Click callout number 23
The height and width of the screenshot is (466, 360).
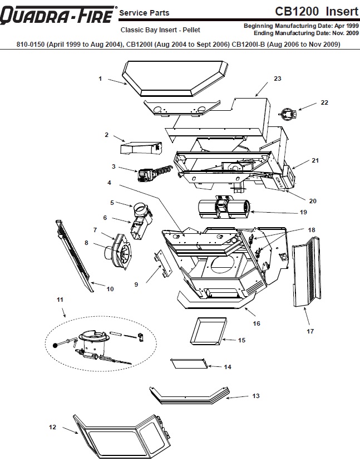pos(278,79)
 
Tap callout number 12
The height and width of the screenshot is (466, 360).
pos(52,427)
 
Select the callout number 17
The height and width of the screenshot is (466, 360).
pos(310,331)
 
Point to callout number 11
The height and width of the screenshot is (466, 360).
pos(60,300)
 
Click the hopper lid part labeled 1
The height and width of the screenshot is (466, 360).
pos(175,78)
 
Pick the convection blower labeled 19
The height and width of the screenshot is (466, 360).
pos(224,208)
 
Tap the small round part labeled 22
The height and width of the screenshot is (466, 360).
pos(288,113)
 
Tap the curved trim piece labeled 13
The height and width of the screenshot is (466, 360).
pos(190,395)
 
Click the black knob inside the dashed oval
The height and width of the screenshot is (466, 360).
pos(55,345)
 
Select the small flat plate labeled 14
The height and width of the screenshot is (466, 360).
pos(189,364)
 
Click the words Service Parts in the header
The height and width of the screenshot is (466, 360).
pos(144,13)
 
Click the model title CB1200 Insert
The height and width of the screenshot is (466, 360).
pos(317,11)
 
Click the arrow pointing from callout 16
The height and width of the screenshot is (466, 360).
pos(250,312)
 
